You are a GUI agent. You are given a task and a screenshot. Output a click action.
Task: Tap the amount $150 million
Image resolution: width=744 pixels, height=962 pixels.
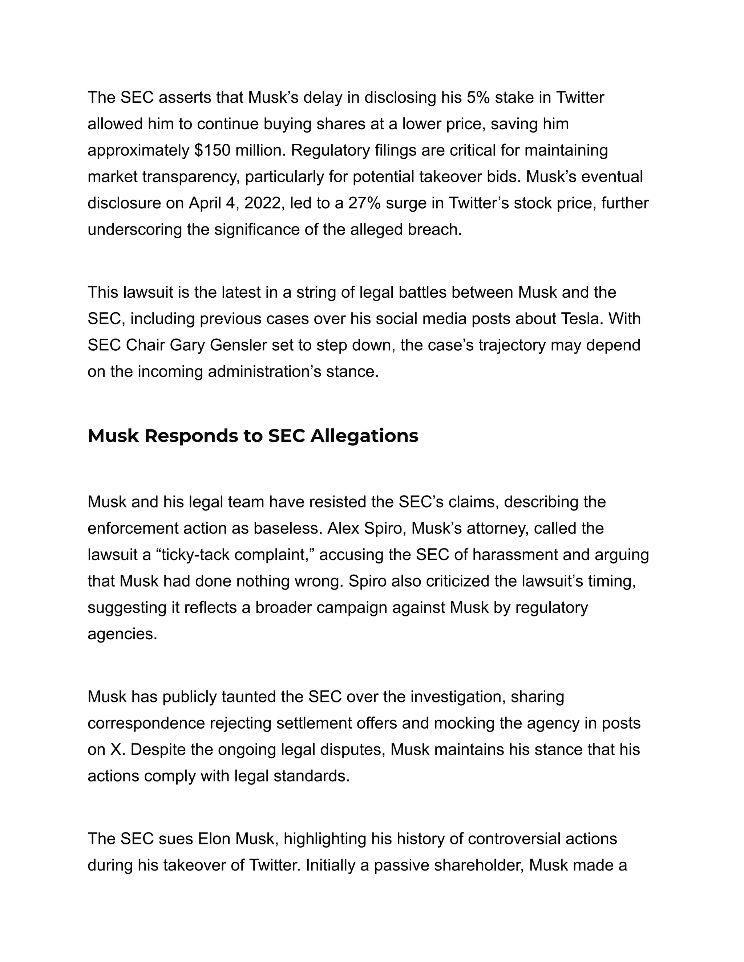[x=240, y=150]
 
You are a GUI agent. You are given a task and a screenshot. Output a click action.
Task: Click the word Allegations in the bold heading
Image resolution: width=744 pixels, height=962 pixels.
[x=364, y=436]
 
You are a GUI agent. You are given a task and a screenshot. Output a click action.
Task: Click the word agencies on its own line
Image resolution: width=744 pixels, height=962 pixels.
[x=122, y=634]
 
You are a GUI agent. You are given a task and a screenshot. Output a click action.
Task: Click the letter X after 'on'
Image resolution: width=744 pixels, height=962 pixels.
[x=115, y=750]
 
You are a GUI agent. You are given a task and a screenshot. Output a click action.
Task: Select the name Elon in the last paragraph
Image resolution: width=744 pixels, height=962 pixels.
[x=214, y=839]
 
